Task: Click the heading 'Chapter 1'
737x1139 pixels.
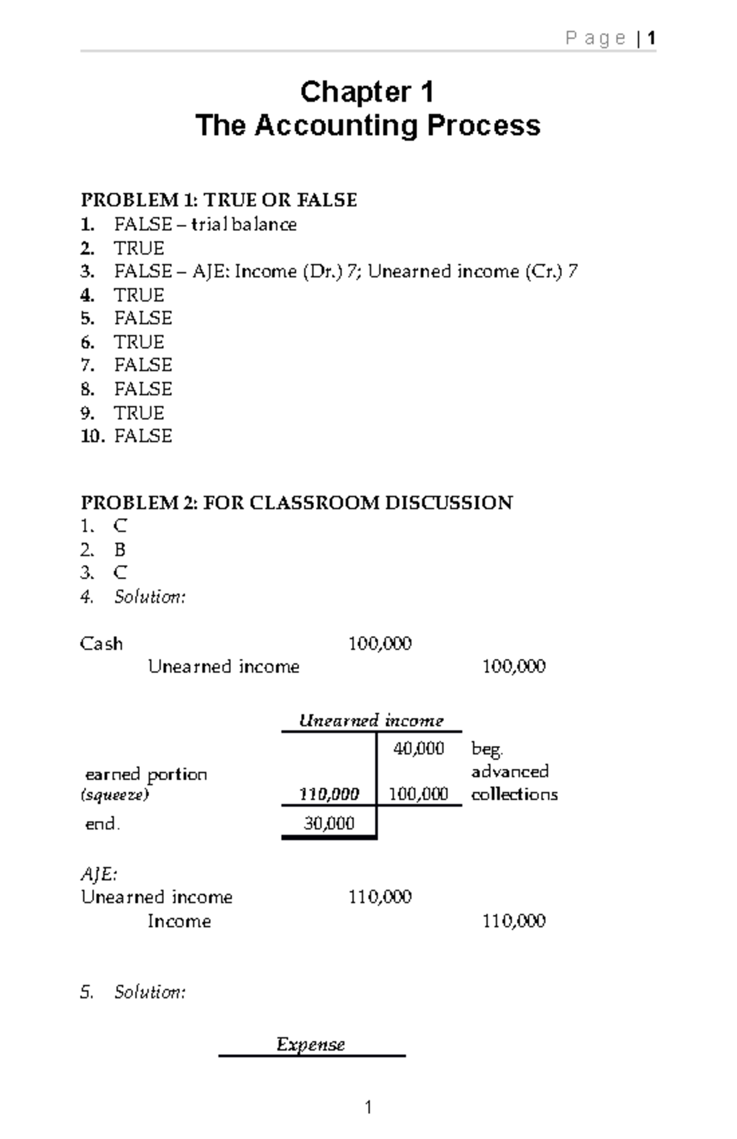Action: click(x=367, y=93)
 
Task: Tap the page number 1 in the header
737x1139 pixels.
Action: click(x=652, y=39)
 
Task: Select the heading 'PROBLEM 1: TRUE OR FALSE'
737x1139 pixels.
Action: click(x=219, y=200)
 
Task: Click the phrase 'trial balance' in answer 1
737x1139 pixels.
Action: click(x=244, y=225)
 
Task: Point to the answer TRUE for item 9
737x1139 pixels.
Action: click(x=139, y=413)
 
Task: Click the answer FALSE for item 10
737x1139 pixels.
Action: click(x=143, y=436)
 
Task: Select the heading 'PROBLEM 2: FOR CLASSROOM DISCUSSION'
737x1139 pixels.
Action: click(x=297, y=503)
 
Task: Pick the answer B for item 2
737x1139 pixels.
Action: click(x=120, y=550)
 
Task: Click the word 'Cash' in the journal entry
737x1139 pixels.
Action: click(x=101, y=643)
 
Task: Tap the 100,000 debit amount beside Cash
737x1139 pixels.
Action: click(x=380, y=643)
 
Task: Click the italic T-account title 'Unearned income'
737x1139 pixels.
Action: click(x=371, y=720)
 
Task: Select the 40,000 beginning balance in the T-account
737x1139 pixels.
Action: click(x=419, y=748)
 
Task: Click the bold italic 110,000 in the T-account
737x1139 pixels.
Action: click(x=329, y=795)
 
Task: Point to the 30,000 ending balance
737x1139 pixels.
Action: click(x=329, y=823)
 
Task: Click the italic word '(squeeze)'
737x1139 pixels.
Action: click(x=115, y=795)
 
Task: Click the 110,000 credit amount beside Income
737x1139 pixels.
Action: click(x=513, y=921)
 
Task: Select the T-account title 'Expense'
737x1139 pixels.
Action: click(x=311, y=1044)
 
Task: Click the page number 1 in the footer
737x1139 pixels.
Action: click(x=368, y=1107)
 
